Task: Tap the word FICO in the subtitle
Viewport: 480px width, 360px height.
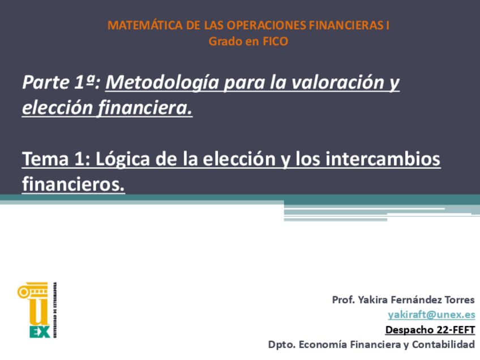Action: click(275, 41)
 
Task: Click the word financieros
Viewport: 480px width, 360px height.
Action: click(73, 184)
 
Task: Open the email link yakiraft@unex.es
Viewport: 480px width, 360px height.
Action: click(431, 315)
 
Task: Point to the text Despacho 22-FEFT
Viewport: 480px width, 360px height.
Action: click(430, 329)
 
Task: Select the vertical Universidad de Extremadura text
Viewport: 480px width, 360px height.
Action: click(55, 310)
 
